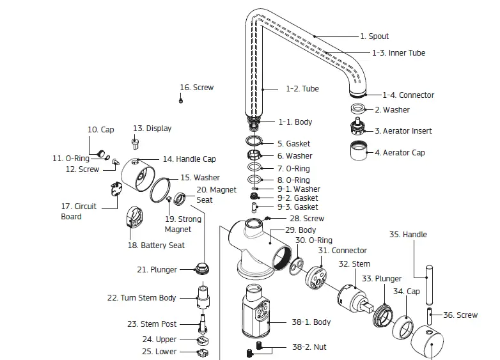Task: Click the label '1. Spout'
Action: (374, 36)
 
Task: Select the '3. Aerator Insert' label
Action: (403, 131)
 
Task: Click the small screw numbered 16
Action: (181, 100)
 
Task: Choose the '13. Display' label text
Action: (152, 129)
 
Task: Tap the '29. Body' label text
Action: (300, 230)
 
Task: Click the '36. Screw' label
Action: (460, 315)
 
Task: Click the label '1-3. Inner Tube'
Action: (398, 53)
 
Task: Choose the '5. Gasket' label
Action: (293, 144)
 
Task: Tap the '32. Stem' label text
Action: (354, 263)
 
